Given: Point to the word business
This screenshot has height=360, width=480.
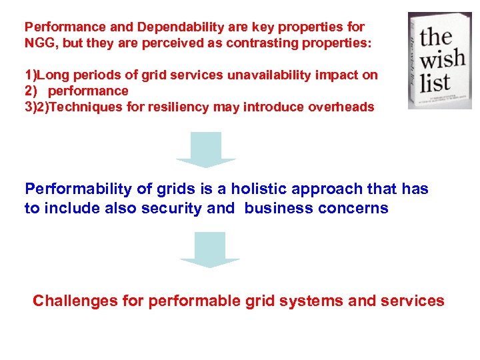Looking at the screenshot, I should (276, 208).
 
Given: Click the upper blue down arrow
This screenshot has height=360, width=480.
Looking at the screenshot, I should (206, 150).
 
